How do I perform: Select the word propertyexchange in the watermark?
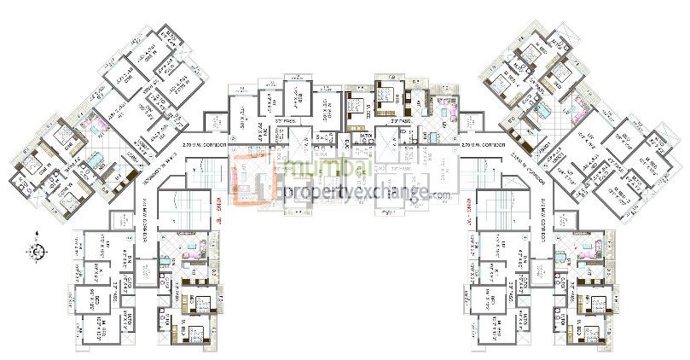[x=357, y=191]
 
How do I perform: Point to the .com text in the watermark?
[x=440, y=196]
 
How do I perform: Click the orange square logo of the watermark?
[x=257, y=182]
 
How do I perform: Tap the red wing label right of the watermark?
[x=467, y=206]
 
